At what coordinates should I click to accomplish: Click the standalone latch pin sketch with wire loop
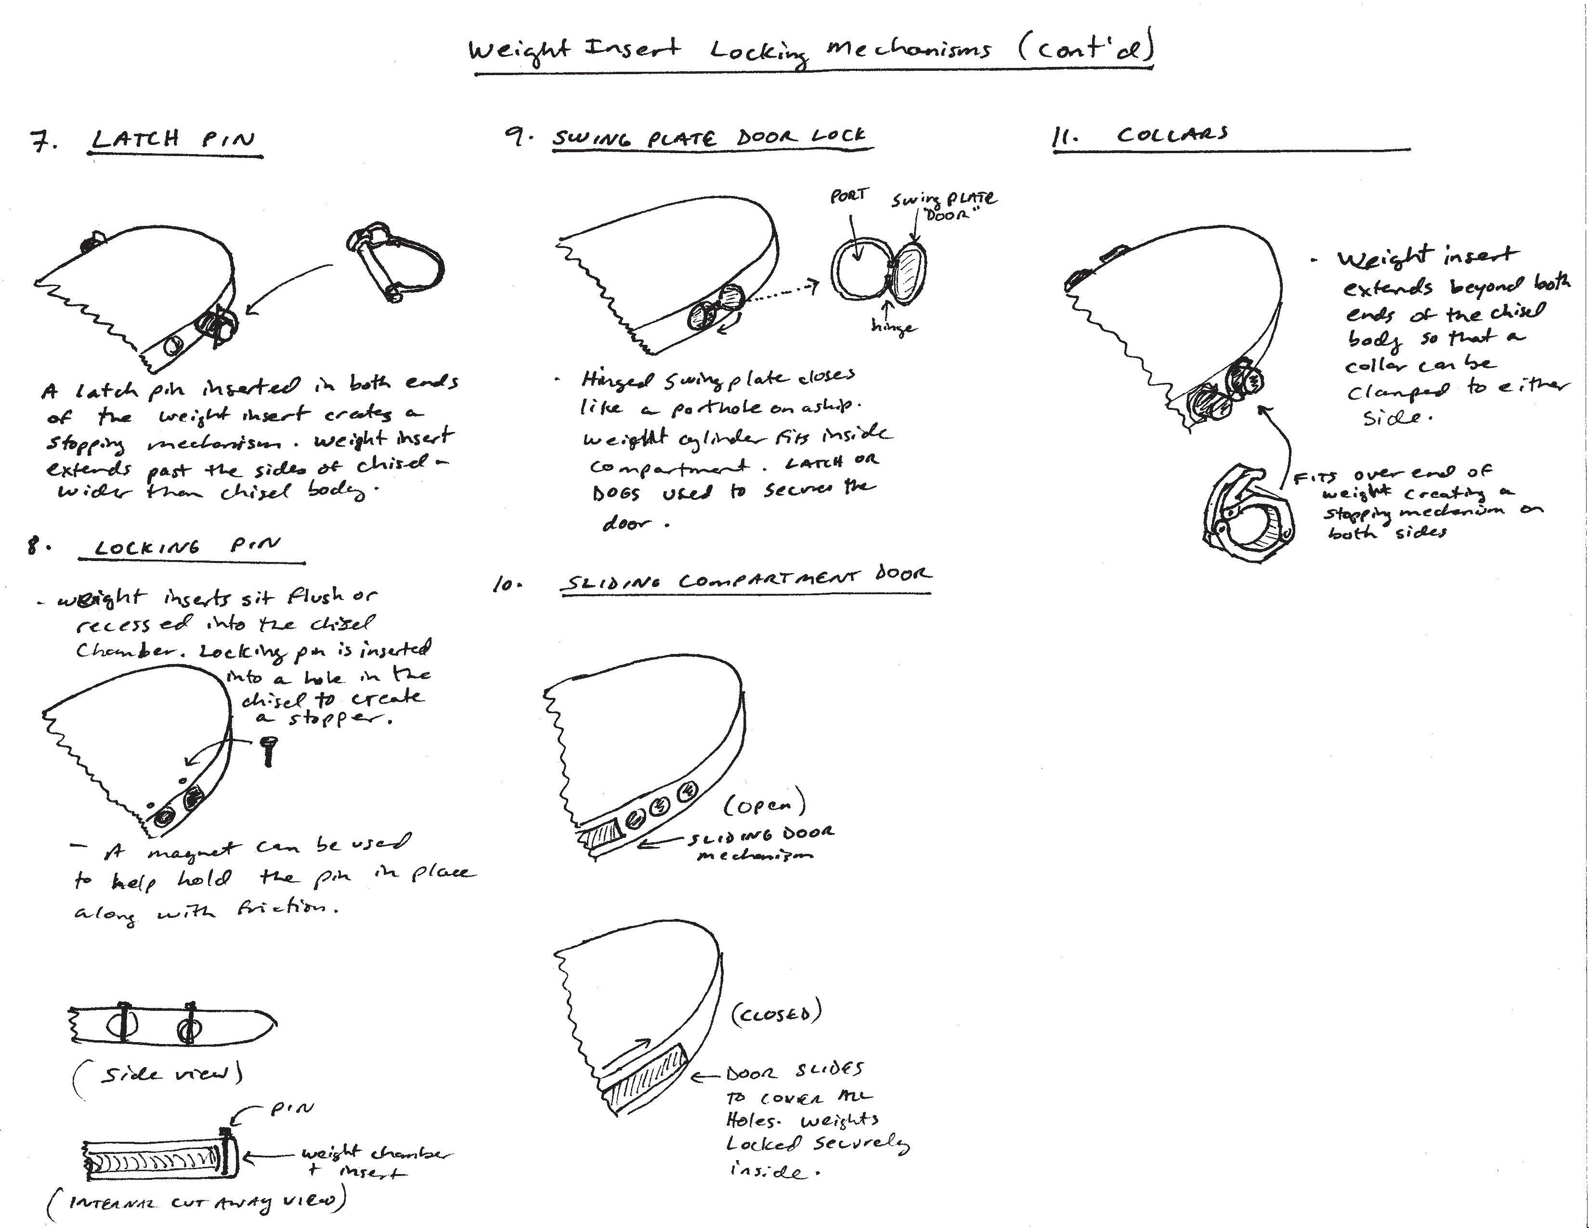tap(396, 262)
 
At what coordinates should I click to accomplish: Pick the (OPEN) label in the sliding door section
tap(765, 805)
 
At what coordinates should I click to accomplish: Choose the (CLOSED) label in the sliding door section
tap(776, 1013)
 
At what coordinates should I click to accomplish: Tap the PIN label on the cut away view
tap(292, 1108)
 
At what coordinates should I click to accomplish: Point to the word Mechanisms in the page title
tap(908, 50)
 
